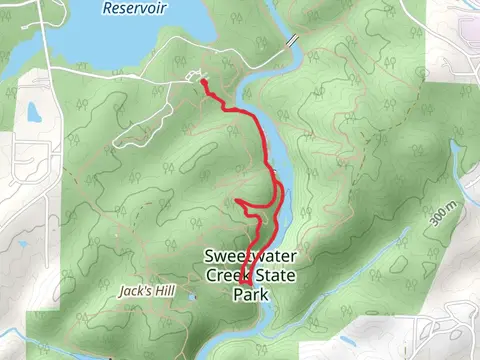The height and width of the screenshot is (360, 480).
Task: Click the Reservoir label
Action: tap(135, 8)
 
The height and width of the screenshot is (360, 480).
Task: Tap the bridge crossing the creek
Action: tap(292, 41)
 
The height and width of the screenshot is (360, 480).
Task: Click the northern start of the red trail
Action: tap(203, 82)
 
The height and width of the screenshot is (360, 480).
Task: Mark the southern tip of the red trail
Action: tap(245, 296)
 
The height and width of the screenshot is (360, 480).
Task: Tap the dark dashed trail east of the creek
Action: tap(330, 150)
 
